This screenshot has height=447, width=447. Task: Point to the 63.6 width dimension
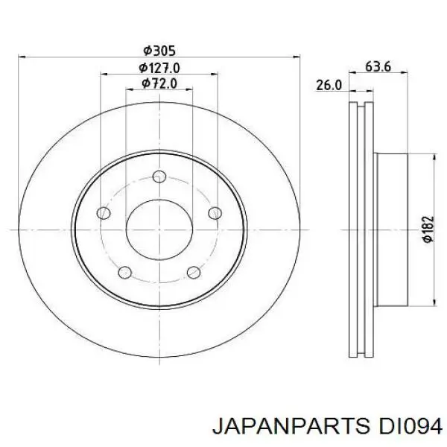[x=378, y=67]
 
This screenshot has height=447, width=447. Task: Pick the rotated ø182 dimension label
[x=426, y=229]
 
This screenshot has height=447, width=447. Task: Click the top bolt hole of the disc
[x=159, y=177]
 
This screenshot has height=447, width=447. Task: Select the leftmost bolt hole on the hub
[x=104, y=213]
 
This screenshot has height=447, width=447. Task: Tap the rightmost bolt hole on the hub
[x=214, y=212]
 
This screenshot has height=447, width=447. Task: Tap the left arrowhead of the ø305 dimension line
[x=20, y=57]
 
